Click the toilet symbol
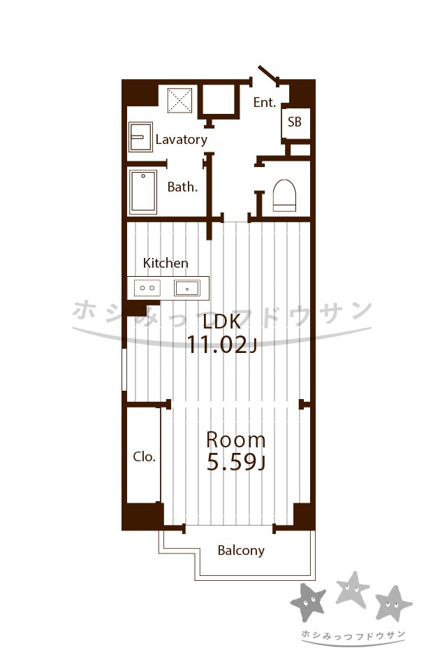coord(284,195)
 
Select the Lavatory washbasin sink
coord(140,137)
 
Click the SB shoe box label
coord(295,122)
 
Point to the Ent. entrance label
coord(265,102)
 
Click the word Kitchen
coord(166,263)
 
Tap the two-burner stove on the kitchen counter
coord(147,288)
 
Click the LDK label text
coord(221,322)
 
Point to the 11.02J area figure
coord(221,345)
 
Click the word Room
coord(235,440)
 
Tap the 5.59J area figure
coord(235,462)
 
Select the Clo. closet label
coord(145,456)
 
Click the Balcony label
coord(241,551)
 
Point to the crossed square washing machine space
coord(179,101)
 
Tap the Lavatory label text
coord(181,139)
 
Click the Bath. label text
coord(183,187)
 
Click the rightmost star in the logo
coord(393,603)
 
